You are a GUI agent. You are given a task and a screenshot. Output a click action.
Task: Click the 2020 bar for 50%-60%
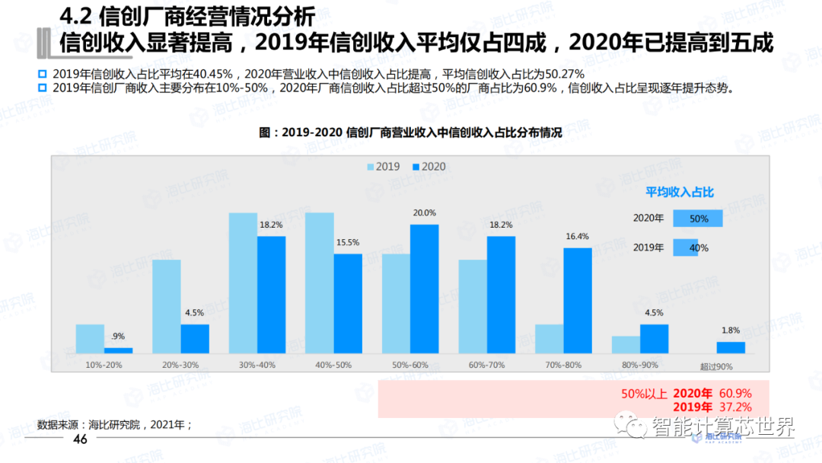[x=424, y=289]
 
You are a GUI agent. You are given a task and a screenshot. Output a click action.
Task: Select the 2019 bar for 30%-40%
[x=243, y=283]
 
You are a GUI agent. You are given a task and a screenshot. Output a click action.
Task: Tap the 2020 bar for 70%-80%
[x=578, y=300]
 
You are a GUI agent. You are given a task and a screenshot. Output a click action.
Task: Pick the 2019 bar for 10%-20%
[x=90, y=339]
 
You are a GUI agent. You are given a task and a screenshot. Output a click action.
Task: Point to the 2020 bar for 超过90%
[x=731, y=347]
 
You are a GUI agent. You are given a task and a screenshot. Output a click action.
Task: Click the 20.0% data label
[x=425, y=213]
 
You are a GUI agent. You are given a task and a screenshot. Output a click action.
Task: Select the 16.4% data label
[x=578, y=236]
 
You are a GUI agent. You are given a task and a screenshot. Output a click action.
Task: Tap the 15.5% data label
[x=348, y=242]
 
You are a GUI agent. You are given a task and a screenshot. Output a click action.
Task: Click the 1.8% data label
[x=731, y=330]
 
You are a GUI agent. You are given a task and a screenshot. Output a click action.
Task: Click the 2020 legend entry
[x=429, y=167]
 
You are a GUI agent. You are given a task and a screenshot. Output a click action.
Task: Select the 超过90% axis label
[x=715, y=366]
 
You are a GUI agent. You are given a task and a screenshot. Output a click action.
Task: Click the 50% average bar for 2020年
[x=695, y=219]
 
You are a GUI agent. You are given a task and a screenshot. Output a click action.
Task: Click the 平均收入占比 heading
[x=680, y=193]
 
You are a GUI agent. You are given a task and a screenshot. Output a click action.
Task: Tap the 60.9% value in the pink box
[x=735, y=394]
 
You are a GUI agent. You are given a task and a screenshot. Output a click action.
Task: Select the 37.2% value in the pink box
[x=735, y=407]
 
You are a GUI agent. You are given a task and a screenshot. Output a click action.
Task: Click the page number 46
[x=80, y=439]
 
